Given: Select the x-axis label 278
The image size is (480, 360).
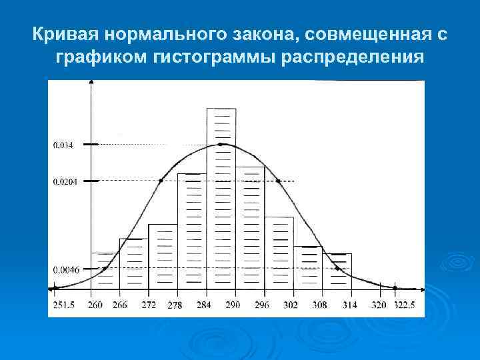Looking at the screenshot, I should pyautogui.click(x=175, y=306).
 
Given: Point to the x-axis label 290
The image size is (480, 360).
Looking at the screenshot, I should pyautogui.click(x=233, y=305).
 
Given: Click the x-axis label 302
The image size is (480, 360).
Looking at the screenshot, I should pyautogui.click(x=291, y=305).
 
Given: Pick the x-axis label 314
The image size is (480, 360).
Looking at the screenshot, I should pyautogui.click(x=349, y=305).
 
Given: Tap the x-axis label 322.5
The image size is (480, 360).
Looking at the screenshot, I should pyautogui.click(x=403, y=305).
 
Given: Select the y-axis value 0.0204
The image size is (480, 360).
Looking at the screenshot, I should pyautogui.click(x=65, y=181).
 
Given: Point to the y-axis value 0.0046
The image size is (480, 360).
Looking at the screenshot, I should pyautogui.click(x=65, y=269).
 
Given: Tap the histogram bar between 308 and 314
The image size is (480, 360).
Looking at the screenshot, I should pyautogui.click(x=337, y=271).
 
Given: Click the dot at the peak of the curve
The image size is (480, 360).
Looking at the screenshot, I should pyautogui.click(x=221, y=144).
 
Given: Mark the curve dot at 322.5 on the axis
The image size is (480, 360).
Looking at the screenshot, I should pyautogui.click(x=395, y=288).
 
